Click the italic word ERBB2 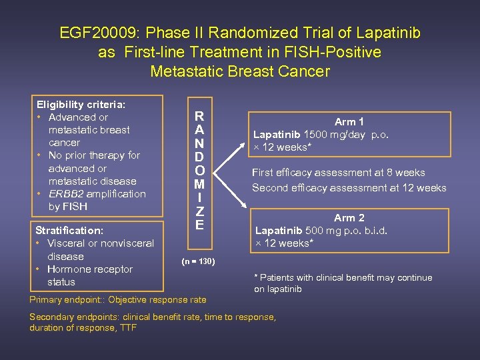[x=67, y=194]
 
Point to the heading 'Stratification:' [x=69, y=230]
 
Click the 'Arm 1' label [x=349, y=121]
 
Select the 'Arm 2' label [x=349, y=217]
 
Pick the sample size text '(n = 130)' [x=199, y=261]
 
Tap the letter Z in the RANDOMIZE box [x=199, y=211]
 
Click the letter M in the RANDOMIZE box [x=199, y=183]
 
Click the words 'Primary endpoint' [x=65, y=299]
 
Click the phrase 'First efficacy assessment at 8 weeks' [x=338, y=173]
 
